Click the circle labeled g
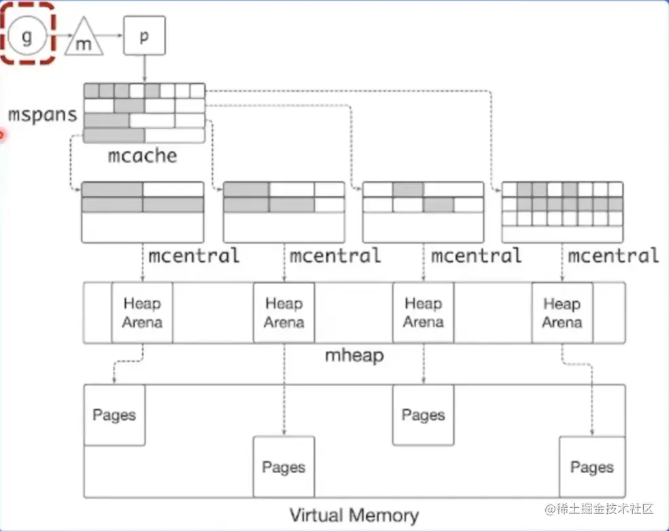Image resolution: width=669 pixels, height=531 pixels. click(x=27, y=36)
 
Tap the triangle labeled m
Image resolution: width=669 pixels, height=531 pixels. click(x=84, y=40)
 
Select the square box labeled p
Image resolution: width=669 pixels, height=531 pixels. click(x=143, y=36)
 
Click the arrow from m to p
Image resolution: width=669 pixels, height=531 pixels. click(x=113, y=36)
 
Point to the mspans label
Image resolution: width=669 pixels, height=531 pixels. click(x=42, y=114)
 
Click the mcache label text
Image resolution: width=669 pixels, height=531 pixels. click(x=142, y=156)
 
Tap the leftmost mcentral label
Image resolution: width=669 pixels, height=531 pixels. click(x=194, y=256)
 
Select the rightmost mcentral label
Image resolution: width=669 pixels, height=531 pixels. click(x=613, y=256)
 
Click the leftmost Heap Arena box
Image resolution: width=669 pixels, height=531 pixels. click(x=142, y=313)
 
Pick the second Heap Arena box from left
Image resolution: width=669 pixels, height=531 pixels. click(x=284, y=313)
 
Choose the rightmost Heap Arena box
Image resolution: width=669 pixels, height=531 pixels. click(x=562, y=313)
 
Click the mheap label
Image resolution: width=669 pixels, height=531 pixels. click(x=354, y=355)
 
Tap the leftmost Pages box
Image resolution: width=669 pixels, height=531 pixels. click(x=114, y=415)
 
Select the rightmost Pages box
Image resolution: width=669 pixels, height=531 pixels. click(x=591, y=467)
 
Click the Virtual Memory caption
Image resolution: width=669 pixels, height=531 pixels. click(x=354, y=515)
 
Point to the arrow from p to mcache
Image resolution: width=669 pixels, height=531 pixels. click(x=143, y=69)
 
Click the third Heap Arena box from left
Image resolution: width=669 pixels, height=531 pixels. click(x=423, y=313)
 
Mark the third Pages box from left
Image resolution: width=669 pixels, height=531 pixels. click(x=423, y=415)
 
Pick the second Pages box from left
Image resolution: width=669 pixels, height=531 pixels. click(x=284, y=467)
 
